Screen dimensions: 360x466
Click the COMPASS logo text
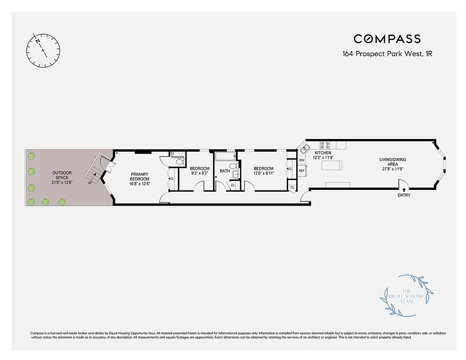[x=387, y=39]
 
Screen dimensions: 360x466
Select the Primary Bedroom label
[x=140, y=179]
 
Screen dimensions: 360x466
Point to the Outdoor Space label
[x=62, y=177]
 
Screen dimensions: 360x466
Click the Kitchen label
[x=323, y=156]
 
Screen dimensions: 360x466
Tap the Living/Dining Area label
[x=392, y=164]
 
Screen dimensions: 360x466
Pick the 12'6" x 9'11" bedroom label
[x=263, y=171]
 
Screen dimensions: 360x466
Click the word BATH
[x=225, y=171]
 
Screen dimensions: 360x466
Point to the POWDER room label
[x=177, y=157]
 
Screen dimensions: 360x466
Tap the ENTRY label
[x=404, y=195]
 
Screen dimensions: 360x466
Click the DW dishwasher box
[x=302, y=160]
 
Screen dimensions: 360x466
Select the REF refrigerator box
[x=302, y=171]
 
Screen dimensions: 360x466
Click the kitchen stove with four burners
[x=325, y=145]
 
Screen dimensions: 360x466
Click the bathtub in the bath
[x=226, y=156]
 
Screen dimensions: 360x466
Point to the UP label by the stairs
[x=90, y=183]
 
